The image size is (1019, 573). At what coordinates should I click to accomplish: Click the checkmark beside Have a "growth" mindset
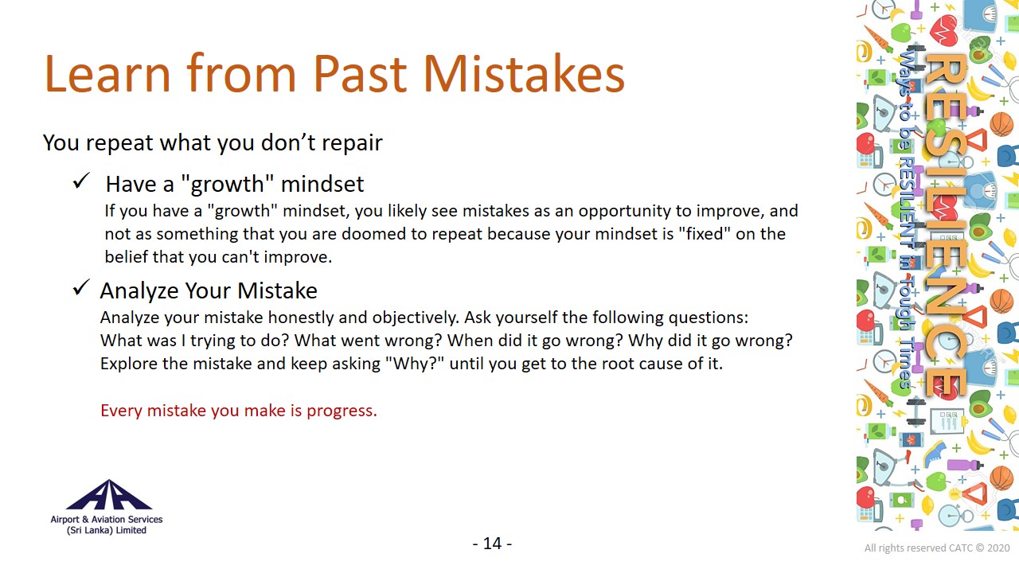point(81,181)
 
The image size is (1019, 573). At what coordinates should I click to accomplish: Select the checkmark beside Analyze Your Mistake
point(81,287)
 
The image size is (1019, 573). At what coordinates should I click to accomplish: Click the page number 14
point(492,544)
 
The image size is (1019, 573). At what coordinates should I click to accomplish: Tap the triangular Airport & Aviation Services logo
point(109,495)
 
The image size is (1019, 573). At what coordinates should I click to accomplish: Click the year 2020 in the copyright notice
point(998,548)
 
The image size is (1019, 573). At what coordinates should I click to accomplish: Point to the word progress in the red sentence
point(342,411)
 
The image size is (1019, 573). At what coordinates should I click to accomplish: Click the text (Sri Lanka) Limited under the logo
point(107,530)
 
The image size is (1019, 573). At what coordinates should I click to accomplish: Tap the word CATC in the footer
point(960,548)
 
